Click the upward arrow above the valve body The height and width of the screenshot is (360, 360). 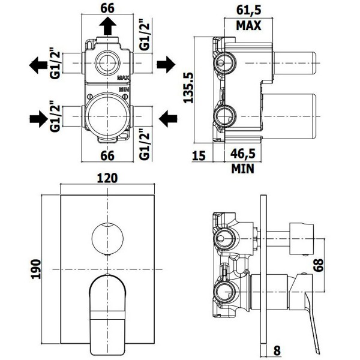pos(107,26)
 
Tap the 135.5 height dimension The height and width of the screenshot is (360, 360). pos(188,88)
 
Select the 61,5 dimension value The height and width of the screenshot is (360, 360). pos(249,11)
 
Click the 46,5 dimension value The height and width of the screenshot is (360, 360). pos(242,154)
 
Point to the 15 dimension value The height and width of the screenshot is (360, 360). pos(199,155)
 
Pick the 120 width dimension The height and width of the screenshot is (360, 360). pos(107,178)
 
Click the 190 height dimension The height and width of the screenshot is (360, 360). pos(36,269)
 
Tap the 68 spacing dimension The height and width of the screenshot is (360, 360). pos(319,265)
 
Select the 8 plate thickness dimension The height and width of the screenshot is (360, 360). pos(277,351)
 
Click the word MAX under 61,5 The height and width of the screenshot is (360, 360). pos(248,25)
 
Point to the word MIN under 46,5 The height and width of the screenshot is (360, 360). pos(243,169)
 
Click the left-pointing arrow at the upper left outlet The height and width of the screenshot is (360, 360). pos(38,65)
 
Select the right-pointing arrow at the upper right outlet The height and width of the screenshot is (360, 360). pos(166,65)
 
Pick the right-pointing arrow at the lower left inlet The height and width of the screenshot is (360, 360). pos(39,119)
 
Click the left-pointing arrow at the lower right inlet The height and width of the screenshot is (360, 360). pos(168,119)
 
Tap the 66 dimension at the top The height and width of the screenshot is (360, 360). pos(107,8)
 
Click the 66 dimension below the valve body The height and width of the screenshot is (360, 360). pos(107,156)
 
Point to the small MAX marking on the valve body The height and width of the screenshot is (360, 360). pos(124,78)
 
